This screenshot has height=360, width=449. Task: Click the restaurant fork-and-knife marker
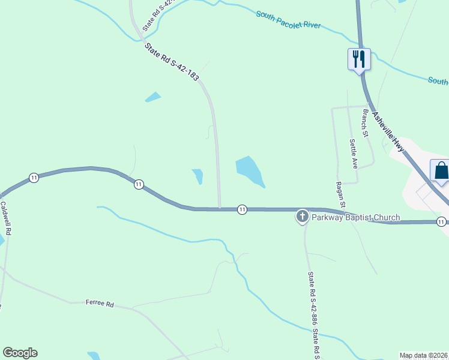[359, 59]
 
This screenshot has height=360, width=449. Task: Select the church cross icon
[302, 216]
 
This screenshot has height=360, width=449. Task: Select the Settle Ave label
[354, 154]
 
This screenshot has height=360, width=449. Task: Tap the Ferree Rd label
[100, 304]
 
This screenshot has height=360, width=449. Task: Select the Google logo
[20, 353]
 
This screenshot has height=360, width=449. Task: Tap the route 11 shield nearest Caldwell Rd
[34, 178]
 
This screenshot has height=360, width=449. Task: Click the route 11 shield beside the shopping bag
[441, 221]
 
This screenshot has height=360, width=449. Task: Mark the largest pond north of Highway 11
[249, 170]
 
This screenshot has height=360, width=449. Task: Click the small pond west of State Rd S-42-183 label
[153, 97]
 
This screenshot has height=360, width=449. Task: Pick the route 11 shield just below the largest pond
[242, 209]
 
